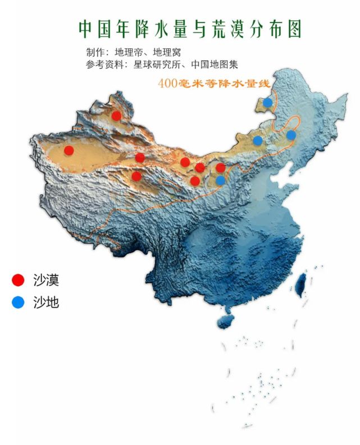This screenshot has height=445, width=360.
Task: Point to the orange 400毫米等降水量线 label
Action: pyautogui.click(x=214, y=83)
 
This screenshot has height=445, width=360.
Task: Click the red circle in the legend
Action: pyautogui.click(x=19, y=279)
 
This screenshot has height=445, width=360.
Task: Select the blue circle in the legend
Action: pyautogui.click(x=19, y=302)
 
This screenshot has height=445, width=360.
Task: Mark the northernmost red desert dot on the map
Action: pyautogui.click(x=116, y=116)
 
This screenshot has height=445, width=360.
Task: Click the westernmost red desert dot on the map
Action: pyautogui.click(x=69, y=150)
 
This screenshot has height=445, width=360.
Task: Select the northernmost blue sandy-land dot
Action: pyautogui.click(x=268, y=103)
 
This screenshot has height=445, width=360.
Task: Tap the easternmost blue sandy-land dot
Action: pyautogui.click(x=291, y=135)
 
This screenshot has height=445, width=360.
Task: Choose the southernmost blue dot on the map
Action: pyautogui.click(x=221, y=180)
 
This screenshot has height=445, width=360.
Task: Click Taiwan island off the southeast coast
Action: pyautogui.click(x=301, y=283)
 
